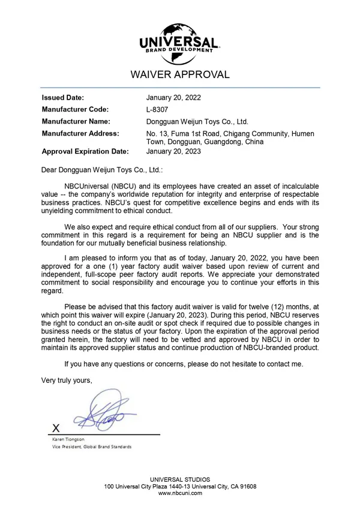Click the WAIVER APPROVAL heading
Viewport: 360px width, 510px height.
tap(180, 75)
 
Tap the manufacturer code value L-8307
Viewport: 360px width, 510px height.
tap(157, 109)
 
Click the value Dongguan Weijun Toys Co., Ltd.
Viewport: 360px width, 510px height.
tap(197, 121)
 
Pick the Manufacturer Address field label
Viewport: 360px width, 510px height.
tap(80, 133)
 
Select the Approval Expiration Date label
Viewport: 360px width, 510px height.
tap(85, 151)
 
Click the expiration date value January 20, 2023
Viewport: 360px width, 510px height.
tap(174, 151)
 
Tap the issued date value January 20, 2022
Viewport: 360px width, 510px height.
tap(174, 97)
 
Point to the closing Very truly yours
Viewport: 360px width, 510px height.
tap(67, 380)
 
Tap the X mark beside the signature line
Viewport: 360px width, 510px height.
tap(56, 428)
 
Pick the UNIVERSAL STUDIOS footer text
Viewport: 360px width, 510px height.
tap(180, 479)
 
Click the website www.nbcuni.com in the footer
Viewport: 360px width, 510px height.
tap(180, 493)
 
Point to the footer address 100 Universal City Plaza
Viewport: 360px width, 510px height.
tap(180, 486)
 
